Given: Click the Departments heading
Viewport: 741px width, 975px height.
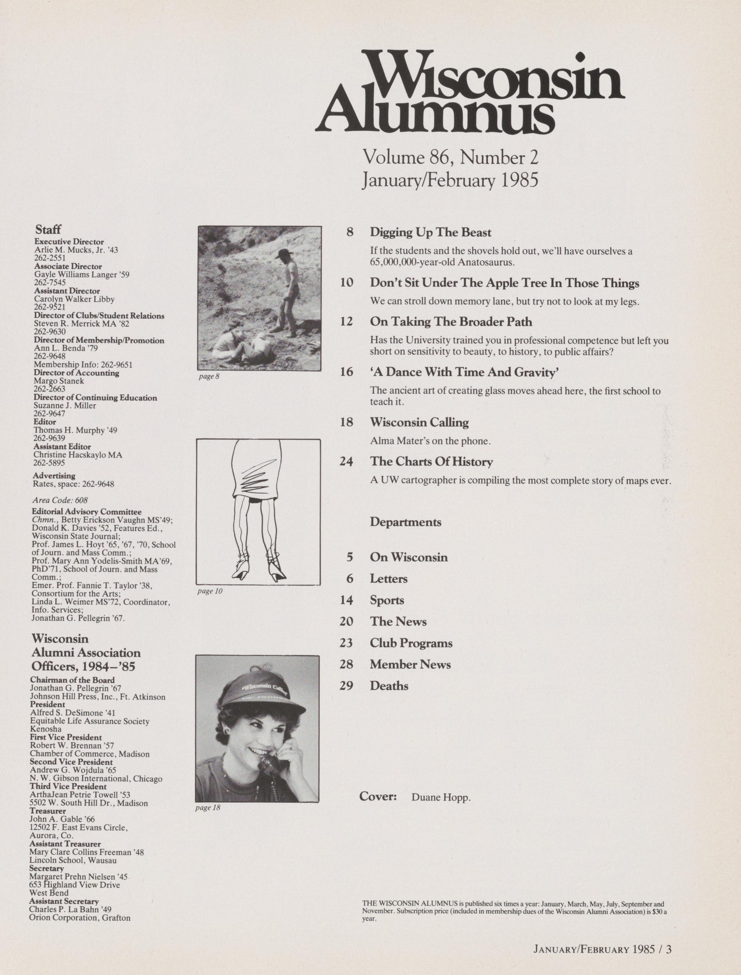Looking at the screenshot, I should [x=405, y=522].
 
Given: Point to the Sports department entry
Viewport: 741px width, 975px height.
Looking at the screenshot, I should [x=387, y=600].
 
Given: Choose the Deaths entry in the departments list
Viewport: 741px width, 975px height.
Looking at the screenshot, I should [x=389, y=686].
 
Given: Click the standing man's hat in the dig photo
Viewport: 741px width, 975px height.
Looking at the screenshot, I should [x=285, y=254].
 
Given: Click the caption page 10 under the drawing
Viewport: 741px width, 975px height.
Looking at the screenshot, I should [x=209, y=591].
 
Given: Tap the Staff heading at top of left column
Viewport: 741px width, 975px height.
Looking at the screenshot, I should [x=48, y=229].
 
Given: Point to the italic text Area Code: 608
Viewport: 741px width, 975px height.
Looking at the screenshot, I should [x=60, y=500].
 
